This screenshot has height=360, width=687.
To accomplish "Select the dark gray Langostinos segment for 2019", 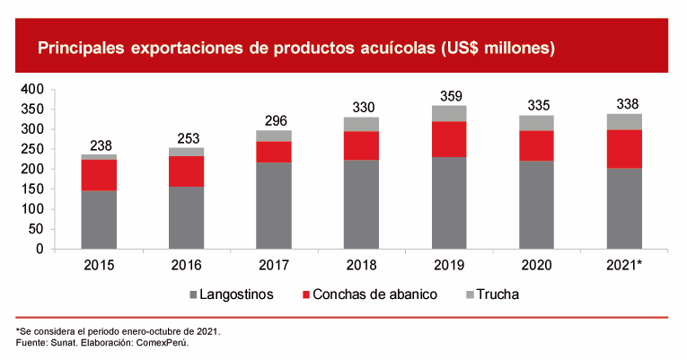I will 449,203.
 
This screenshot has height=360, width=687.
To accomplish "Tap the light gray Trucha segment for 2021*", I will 624,121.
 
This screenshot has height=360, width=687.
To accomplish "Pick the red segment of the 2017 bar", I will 274,152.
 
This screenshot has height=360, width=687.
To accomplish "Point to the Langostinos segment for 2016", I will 186,217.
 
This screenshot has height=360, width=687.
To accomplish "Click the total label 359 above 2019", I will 449,96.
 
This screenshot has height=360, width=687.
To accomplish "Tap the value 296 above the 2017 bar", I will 274,121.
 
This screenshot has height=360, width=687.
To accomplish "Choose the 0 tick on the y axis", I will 40,249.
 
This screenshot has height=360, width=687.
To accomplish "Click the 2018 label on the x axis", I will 362,266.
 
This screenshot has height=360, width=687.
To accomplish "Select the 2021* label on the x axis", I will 626,266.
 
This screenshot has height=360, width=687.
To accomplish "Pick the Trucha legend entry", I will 498,294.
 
